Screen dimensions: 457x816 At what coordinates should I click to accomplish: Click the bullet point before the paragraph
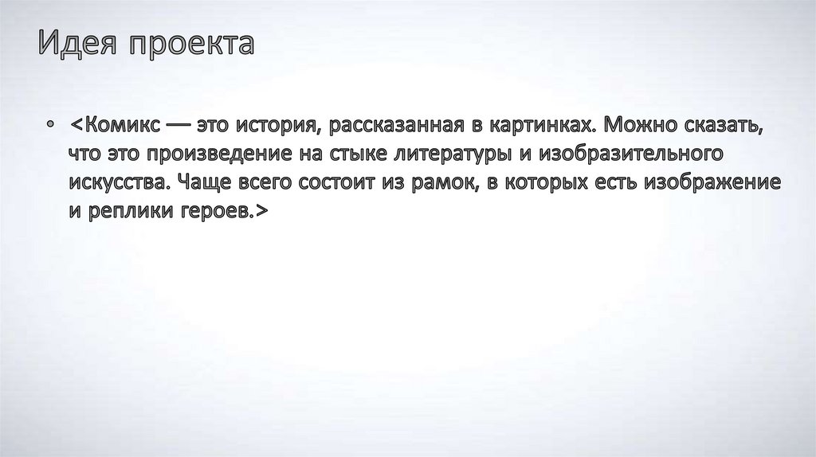(x=49, y=126)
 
